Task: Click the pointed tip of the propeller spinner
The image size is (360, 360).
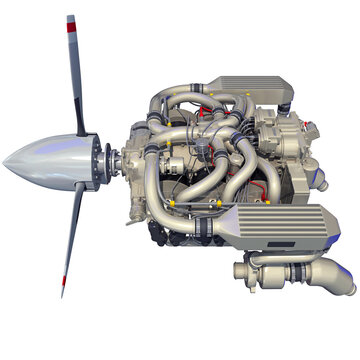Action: (6, 160)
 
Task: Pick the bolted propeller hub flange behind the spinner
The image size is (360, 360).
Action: (104, 158)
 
